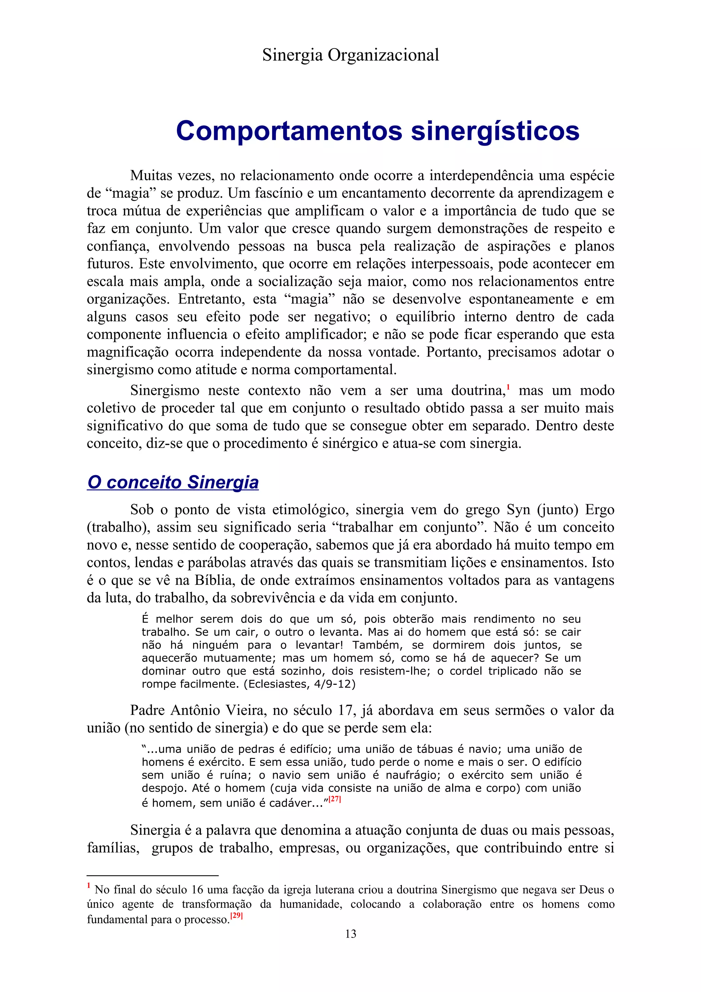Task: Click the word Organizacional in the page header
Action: (x=383, y=55)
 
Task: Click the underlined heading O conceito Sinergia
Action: (x=173, y=482)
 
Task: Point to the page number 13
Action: (x=350, y=934)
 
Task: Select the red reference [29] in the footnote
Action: (x=237, y=915)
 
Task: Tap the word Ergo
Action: (x=600, y=509)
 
